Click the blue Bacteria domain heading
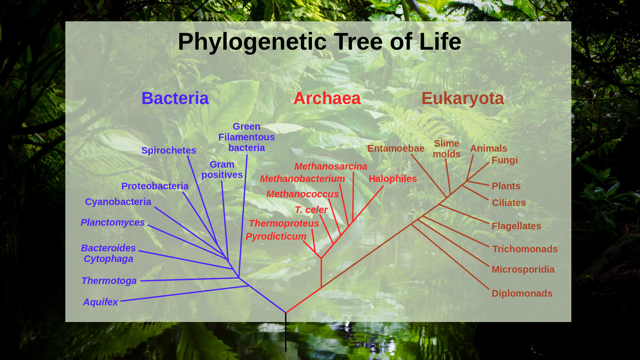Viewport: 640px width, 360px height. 175,98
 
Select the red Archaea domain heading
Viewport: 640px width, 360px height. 327,98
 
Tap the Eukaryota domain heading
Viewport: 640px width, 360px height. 463,99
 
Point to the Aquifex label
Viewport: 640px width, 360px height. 100,302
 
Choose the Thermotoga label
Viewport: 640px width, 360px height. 109,281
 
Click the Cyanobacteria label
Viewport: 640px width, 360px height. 118,202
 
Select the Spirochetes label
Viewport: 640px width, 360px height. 169,151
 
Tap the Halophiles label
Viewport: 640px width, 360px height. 393,179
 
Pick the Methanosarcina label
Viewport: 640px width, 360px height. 331,166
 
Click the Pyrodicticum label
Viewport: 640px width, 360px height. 276,237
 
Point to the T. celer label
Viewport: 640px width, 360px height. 311,210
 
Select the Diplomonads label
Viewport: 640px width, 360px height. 522,294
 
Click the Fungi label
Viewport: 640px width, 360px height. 505,160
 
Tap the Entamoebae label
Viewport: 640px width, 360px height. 396,148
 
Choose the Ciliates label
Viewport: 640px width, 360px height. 509,203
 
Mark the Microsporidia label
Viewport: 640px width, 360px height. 523,270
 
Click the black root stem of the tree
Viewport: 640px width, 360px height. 286,332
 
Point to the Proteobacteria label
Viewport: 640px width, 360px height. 155,186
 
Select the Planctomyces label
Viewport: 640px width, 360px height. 113,223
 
